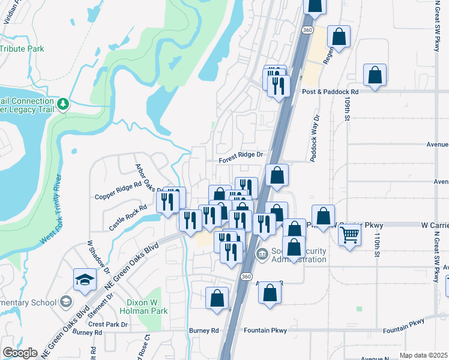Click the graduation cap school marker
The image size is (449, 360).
click(x=85, y=280)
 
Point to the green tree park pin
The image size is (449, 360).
click(x=63, y=104)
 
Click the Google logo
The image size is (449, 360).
click(x=20, y=353)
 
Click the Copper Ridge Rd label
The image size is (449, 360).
click(x=118, y=196)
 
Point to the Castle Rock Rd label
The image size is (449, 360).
click(x=128, y=217)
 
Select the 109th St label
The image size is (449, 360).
click(x=347, y=110)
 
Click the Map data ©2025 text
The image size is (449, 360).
click(x=423, y=355)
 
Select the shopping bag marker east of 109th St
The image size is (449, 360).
click(x=375, y=76)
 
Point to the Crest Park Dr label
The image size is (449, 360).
click(x=108, y=324)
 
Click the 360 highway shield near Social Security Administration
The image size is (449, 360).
click(x=247, y=276)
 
